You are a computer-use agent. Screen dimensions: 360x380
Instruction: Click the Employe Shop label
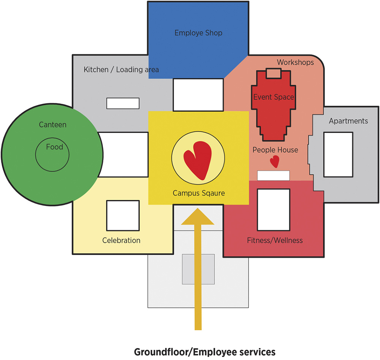pos(198,33)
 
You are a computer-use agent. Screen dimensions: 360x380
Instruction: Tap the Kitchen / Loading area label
pos(121,70)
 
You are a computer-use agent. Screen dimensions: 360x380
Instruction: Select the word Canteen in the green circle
pos(52,125)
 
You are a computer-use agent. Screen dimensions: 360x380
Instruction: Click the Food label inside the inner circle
pos(54,147)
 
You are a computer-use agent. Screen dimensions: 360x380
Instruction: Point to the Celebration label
pos(121,240)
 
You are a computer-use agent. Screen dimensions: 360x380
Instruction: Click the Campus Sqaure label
pos(199,193)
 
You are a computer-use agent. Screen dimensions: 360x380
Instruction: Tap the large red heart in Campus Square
pos(197,160)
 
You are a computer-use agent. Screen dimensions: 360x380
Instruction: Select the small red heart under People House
pos(274,162)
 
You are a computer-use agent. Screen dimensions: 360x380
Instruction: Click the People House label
pos(275,150)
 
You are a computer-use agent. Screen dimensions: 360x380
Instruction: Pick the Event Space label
pos(274,97)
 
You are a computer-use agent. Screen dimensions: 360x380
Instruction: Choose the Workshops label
pos(295,62)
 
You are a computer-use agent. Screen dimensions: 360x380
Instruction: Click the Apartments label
pos(348,121)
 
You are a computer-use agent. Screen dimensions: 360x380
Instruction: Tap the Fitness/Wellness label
pos(275,240)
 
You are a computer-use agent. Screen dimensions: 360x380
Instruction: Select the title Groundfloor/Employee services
pos(204,352)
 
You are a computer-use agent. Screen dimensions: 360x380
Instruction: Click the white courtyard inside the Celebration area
pos(122,215)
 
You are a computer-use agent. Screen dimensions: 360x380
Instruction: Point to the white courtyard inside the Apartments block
pos(338,154)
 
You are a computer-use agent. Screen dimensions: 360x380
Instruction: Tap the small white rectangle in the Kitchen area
pos(123,103)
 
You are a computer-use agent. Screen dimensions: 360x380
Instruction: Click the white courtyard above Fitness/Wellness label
pos(274,208)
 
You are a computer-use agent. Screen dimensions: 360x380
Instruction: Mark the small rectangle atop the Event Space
pos(273,73)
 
